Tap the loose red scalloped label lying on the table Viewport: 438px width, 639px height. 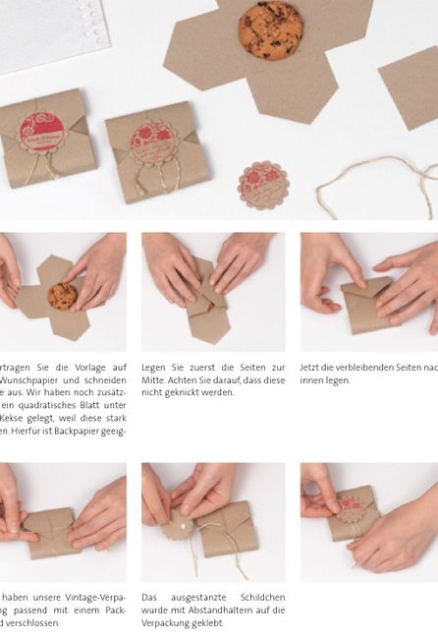(262, 185)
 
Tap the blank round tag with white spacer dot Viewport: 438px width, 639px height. (178, 526)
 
